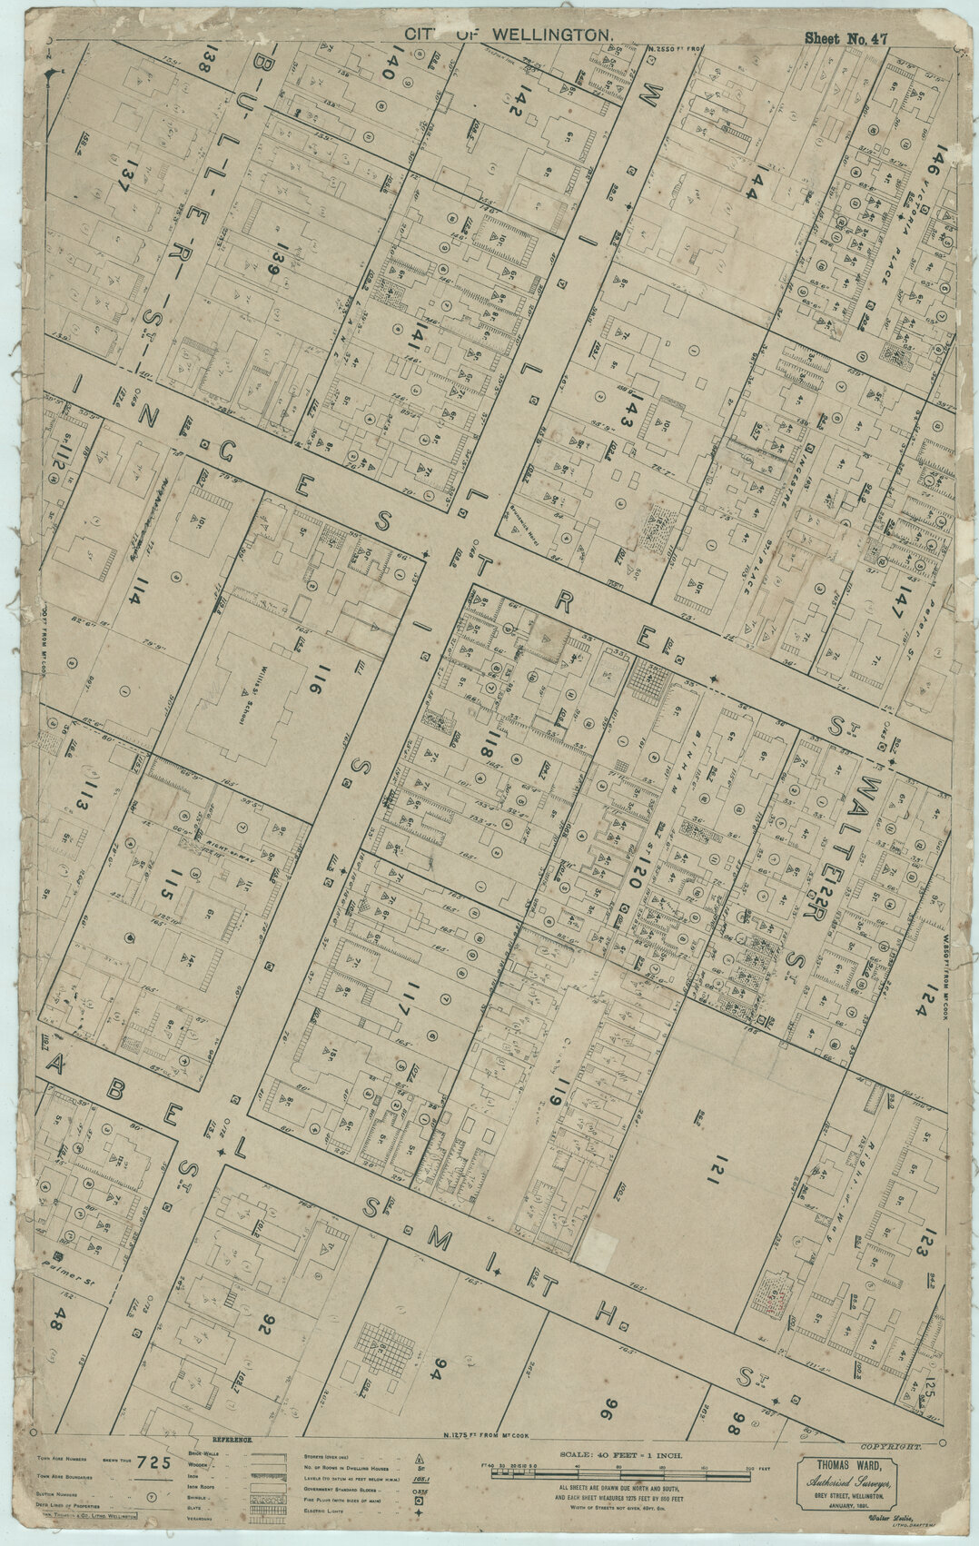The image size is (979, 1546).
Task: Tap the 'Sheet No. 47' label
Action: click(x=845, y=38)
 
